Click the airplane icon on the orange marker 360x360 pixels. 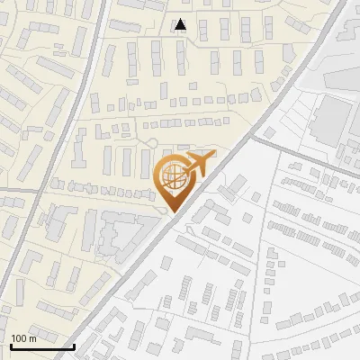(196, 166)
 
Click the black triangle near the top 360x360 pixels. (181, 25)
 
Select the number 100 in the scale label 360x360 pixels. (18, 338)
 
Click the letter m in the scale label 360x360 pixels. (32, 338)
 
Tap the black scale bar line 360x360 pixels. (42, 346)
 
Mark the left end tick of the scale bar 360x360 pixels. (12, 345)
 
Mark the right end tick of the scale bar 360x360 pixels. (74, 345)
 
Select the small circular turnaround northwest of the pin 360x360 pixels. (153, 142)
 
